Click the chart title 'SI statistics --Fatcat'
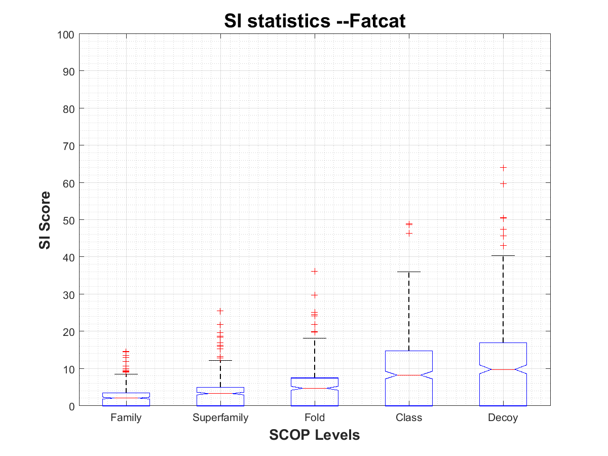click(x=315, y=21)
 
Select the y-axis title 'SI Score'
click(x=45, y=220)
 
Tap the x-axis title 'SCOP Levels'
click(x=315, y=435)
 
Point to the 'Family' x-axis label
click(x=126, y=418)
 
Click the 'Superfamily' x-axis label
click(x=220, y=418)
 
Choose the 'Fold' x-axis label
click(x=315, y=418)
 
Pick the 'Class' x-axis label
click(x=409, y=418)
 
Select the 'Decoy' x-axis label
click(x=503, y=418)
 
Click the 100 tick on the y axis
click(x=68, y=34)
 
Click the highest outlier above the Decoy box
click(x=503, y=167)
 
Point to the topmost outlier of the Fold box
click(x=315, y=272)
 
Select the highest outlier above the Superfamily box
click(x=220, y=311)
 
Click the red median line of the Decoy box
click(x=503, y=369)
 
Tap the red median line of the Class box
click(x=409, y=375)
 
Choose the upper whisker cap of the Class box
click(x=409, y=272)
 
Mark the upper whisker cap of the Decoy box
click(x=503, y=256)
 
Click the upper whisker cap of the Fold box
click(x=315, y=338)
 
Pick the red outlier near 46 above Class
click(x=409, y=234)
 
